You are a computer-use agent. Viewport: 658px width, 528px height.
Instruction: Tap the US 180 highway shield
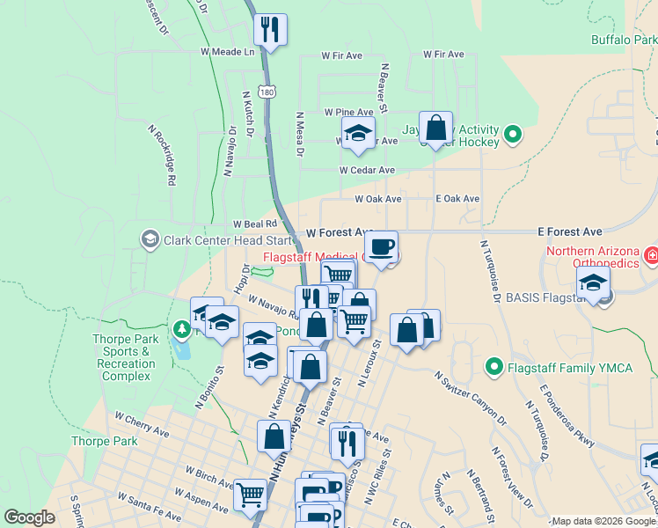coord(267,92)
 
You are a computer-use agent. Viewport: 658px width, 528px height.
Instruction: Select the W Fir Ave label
coord(342,55)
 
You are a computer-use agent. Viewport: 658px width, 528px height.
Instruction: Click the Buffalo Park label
coord(623,40)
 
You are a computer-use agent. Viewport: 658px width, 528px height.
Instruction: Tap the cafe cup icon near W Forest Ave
coord(381,246)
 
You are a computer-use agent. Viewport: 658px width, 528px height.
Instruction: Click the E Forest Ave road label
coord(570,231)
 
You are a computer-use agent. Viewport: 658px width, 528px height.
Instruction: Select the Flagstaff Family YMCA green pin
coord(493,367)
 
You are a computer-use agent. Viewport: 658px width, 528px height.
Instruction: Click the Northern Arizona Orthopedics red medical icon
coord(651,256)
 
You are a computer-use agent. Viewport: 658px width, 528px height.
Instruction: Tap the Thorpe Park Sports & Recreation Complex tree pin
coord(182,329)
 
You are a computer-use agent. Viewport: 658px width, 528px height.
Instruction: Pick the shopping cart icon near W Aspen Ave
coord(250,495)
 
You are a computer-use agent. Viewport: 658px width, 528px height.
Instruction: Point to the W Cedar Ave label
coord(367,170)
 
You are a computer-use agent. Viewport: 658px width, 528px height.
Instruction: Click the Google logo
coord(30,517)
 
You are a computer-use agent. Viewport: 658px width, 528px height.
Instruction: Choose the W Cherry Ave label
coord(142,423)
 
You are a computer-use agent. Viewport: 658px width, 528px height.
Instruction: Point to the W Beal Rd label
coord(254,224)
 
